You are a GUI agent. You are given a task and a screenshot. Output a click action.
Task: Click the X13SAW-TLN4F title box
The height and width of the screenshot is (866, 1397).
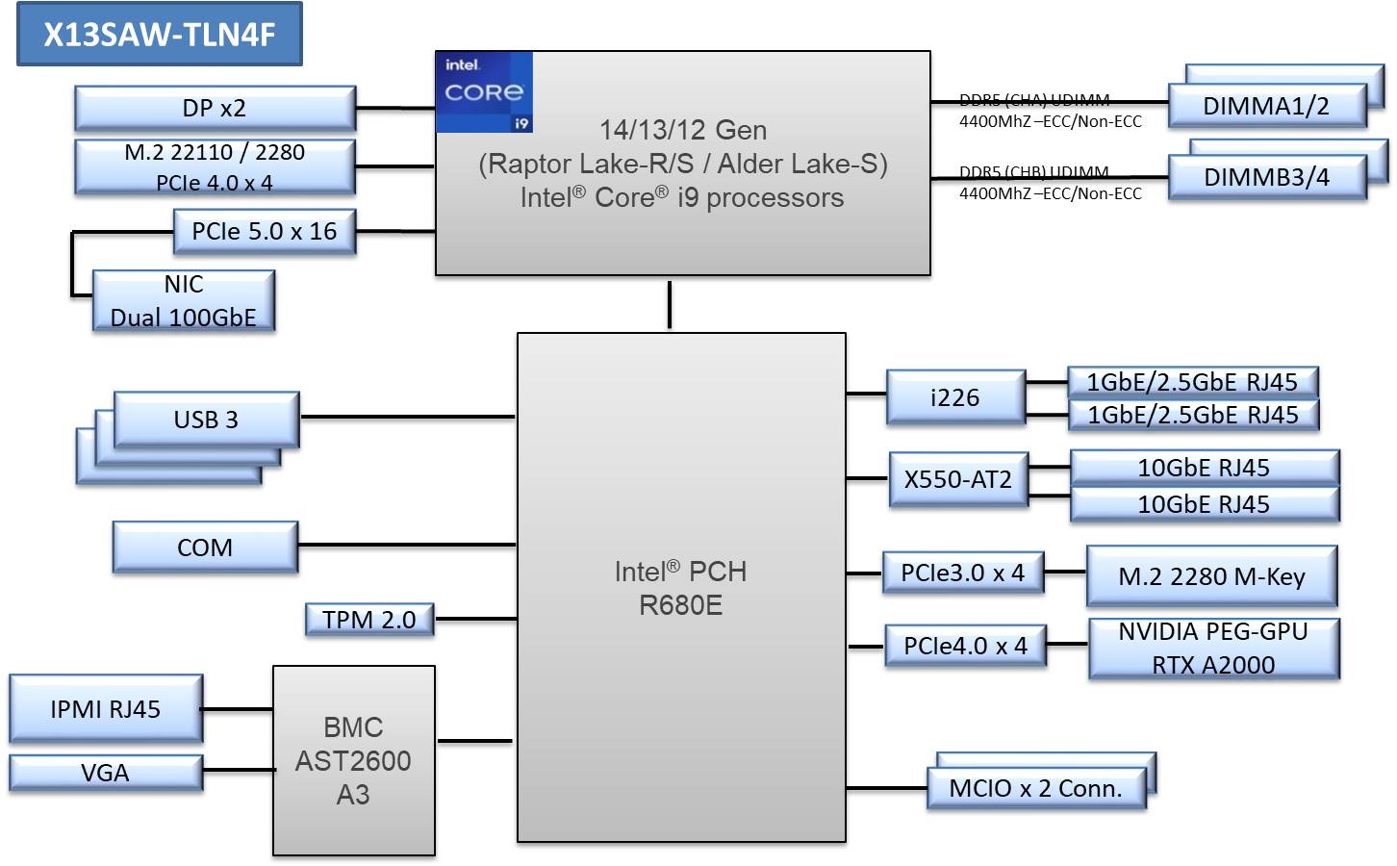tap(160, 35)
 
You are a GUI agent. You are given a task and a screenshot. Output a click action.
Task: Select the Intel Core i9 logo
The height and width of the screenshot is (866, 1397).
tap(484, 92)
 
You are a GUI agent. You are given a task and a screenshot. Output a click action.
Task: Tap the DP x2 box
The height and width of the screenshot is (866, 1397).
tap(215, 108)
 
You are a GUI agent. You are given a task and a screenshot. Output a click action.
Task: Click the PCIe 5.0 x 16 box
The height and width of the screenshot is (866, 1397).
tap(265, 232)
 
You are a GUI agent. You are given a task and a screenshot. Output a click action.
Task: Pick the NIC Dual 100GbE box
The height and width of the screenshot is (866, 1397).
tap(184, 301)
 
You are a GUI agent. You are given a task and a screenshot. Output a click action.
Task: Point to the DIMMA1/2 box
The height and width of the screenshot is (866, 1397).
tap(1266, 106)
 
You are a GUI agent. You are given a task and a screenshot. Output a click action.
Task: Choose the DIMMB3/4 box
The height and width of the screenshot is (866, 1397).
tap(1266, 178)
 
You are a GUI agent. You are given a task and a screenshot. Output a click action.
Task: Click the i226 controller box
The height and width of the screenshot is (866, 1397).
tap(955, 397)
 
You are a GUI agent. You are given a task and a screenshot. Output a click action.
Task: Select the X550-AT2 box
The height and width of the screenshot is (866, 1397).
tap(958, 479)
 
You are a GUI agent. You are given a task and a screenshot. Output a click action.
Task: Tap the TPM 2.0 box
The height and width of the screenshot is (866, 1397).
tap(369, 620)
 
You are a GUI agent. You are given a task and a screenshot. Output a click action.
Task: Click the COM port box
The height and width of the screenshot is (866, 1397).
tap(205, 548)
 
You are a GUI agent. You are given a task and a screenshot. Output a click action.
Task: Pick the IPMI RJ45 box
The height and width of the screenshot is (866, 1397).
tap(106, 709)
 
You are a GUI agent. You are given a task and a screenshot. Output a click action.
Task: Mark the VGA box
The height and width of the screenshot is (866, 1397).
tap(106, 773)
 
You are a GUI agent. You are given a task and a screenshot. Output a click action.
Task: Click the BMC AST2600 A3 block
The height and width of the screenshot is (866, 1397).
tap(353, 760)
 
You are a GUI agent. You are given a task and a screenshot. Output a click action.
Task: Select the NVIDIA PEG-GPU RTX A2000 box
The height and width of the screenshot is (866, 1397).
tap(1213, 649)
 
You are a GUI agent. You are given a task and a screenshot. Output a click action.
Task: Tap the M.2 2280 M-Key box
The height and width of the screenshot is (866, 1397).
tap(1211, 576)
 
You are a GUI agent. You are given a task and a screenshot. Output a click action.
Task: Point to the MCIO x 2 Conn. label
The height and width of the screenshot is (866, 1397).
tap(1036, 789)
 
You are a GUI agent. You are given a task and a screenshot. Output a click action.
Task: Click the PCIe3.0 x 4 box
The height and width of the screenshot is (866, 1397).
tap(963, 573)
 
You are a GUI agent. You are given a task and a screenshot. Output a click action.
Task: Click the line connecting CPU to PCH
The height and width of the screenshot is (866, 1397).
tap(670, 305)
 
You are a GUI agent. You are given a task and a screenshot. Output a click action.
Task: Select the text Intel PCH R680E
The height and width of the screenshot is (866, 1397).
tap(681, 588)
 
